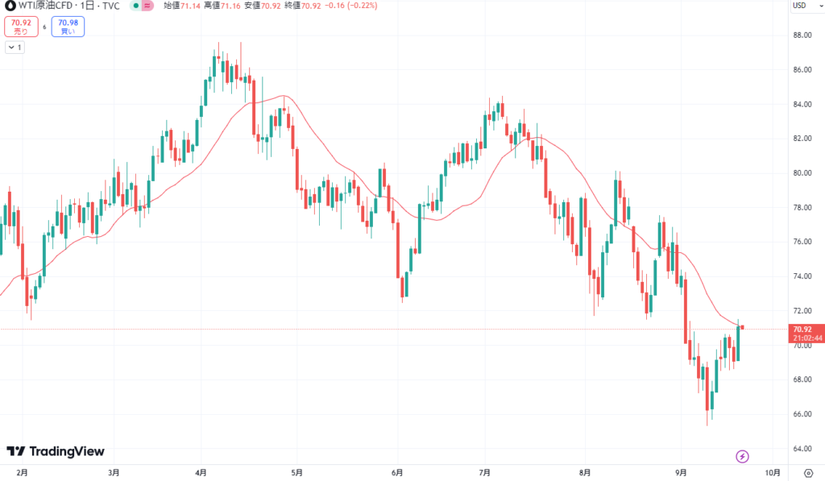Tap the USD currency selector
800,6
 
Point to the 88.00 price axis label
802,35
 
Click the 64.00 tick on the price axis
802,449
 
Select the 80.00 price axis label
802,173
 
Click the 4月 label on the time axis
201,472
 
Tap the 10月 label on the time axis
772,472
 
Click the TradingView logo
56,452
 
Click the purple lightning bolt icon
743,457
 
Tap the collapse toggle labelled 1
15,48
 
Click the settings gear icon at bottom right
808,472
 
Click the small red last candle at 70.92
742,327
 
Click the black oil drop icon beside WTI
9,6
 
